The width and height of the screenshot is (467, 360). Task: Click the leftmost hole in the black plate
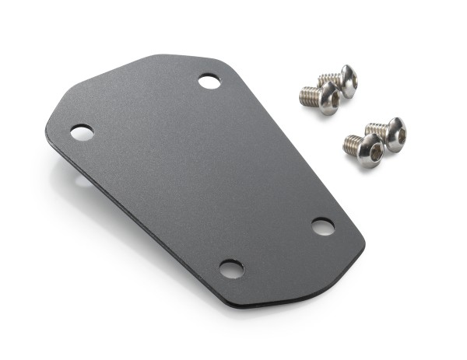pyautogui.click(x=82, y=132)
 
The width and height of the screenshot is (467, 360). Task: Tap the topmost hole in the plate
pyautogui.click(x=209, y=81)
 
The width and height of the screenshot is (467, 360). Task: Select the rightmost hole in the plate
pyautogui.click(x=323, y=226)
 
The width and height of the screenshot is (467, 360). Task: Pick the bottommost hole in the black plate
pyautogui.click(x=231, y=269)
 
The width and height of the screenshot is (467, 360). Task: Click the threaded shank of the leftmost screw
pyautogui.click(x=309, y=96)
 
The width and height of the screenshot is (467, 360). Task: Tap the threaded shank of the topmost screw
pyautogui.click(x=329, y=78)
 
